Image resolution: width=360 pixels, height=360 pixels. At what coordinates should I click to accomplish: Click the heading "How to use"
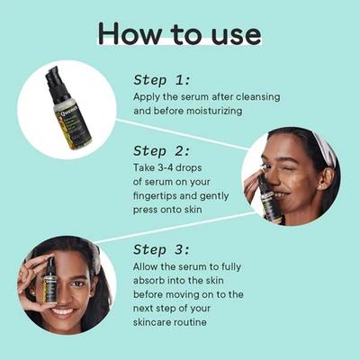point(179,33)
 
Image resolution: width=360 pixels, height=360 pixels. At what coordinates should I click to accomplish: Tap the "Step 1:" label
point(162,78)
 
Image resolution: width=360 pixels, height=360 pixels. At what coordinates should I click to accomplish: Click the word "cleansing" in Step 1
point(256,95)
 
